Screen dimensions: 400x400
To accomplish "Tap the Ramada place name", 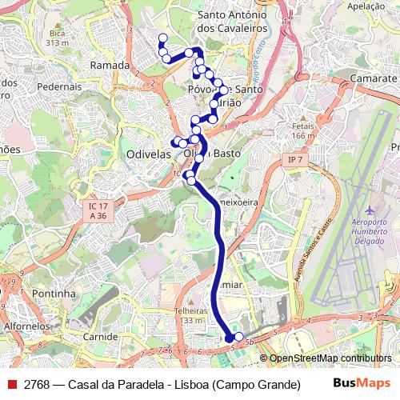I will tap(110, 65).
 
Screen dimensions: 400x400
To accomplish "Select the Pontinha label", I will tap(53, 294).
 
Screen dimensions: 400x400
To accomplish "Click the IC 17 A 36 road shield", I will tap(98, 210).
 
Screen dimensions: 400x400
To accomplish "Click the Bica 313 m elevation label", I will tap(57, 37).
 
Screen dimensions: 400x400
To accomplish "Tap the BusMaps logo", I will tap(361, 384).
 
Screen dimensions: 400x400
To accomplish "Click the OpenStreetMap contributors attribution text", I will tap(330, 359).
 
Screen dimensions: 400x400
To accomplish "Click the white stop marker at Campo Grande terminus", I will tap(238, 337).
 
